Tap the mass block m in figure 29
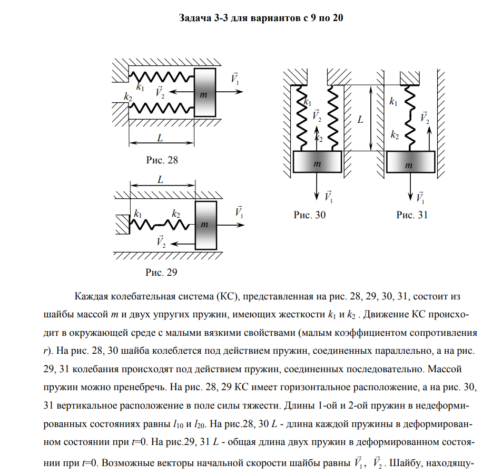[205, 224]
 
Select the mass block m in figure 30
[317, 162]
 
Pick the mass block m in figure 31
[410, 162]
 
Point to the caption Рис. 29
[162, 273]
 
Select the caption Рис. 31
[412, 215]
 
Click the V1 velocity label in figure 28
[235, 79]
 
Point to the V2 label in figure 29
[161, 242]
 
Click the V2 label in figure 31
[425, 118]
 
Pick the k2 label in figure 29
[176, 214]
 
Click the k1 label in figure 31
[393, 101]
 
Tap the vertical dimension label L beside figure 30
[361, 120]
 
